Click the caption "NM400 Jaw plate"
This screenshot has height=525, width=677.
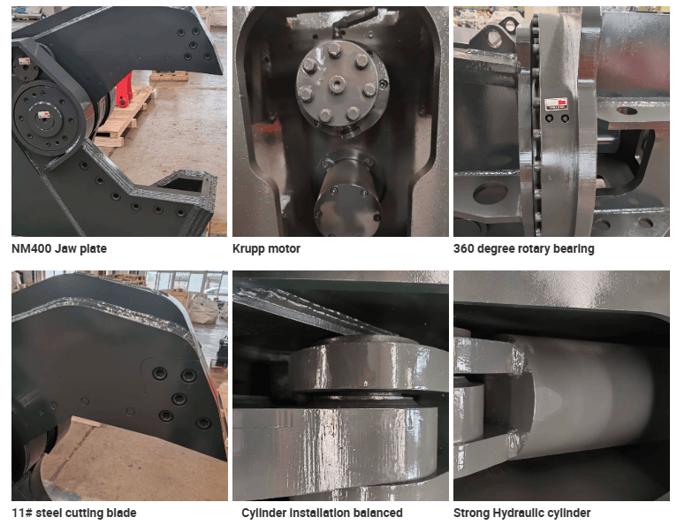coord(59,248)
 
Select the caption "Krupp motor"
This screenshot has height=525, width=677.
coord(266,248)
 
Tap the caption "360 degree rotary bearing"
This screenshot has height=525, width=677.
coord(524,248)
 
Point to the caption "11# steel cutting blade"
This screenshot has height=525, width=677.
coord(74,513)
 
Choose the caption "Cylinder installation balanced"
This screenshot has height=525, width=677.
coord(322,513)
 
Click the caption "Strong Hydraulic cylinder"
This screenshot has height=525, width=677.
coord(522,513)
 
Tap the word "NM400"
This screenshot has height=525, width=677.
coord(32,248)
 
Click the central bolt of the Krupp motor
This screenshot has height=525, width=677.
coord(338,84)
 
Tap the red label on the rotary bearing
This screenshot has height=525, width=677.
coord(556,103)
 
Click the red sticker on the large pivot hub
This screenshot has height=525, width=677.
coord(44,115)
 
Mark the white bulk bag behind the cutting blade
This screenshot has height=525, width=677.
coord(203,308)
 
